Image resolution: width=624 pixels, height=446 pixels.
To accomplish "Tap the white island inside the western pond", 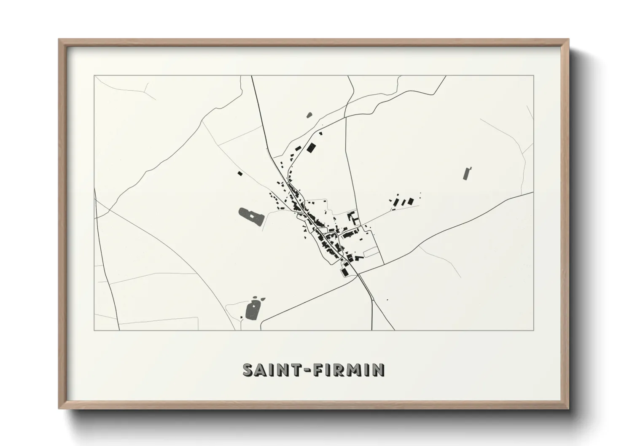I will coord(253,216).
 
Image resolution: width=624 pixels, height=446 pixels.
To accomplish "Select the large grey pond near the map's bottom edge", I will coord(253,310).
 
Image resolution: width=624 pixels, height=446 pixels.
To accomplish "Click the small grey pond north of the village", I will coord(309,114).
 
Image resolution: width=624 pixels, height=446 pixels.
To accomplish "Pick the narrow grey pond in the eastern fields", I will coord(467,174).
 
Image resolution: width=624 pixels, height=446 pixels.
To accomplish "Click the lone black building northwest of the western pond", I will coord(240,173).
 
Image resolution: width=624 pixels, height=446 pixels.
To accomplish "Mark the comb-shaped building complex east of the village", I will coord(353,218).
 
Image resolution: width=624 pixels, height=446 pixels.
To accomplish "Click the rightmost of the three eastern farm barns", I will coord(411,202).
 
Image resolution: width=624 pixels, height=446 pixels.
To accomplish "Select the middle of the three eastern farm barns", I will coord(402,202).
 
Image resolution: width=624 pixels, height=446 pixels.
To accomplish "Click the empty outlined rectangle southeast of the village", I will coord(371,252).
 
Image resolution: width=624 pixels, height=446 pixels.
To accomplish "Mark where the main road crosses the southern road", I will coord(358,274).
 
